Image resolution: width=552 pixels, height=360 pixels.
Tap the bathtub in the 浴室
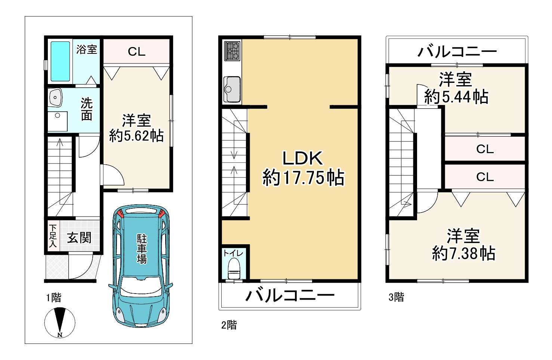tap(60, 61)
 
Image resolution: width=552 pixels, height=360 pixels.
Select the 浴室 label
tap(87, 49)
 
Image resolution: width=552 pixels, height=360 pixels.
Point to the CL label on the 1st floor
tap(136, 52)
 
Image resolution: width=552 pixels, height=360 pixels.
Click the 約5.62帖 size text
tap(136, 136)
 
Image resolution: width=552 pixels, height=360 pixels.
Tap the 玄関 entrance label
tap(79, 238)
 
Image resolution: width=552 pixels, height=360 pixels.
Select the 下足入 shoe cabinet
tap(53, 236)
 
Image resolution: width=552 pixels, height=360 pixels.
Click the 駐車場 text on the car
tap(142, 249)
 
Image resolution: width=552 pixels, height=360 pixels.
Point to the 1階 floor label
tap(54, 298)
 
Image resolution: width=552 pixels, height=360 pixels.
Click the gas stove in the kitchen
tap(232, 51)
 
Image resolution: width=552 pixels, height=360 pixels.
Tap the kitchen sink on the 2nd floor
tap(232, 89)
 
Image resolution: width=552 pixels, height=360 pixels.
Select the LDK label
tap(302, 158)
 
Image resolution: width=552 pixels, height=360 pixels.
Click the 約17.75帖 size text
tap(303, 177)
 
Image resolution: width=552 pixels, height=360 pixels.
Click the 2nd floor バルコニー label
tap(290, 295)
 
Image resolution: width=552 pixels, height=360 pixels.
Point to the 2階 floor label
tap(229, 325)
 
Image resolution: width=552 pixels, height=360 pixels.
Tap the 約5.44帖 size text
tap(456, 97)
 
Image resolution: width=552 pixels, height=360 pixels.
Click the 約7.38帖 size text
tap(463, 254)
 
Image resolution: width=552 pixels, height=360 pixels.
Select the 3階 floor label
tap(396, 297)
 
